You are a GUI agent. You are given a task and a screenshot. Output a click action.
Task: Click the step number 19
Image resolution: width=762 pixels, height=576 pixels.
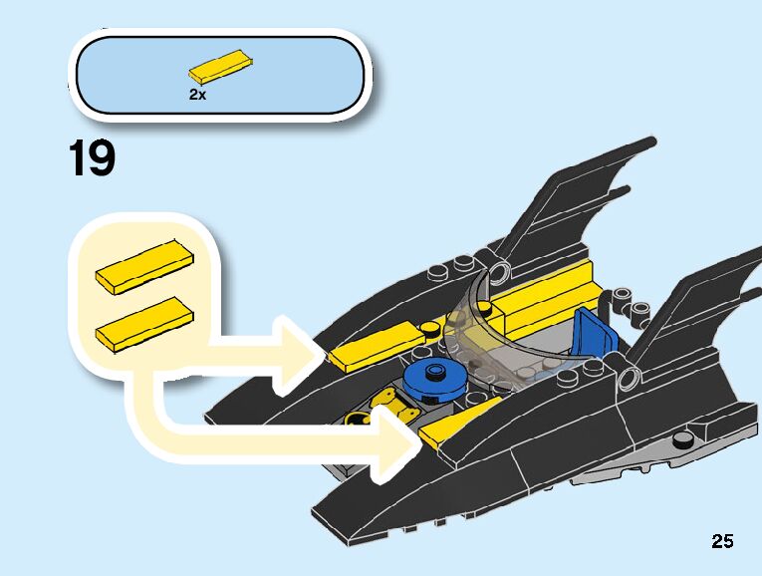coord(92,159)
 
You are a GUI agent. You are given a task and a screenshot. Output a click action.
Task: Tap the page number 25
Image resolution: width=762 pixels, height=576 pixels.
coord(722,541)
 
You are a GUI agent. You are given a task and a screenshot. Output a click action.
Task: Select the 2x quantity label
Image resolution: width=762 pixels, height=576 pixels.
coord(196,95)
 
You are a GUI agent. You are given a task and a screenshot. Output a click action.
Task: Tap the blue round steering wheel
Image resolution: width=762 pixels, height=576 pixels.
coord(432,379)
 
